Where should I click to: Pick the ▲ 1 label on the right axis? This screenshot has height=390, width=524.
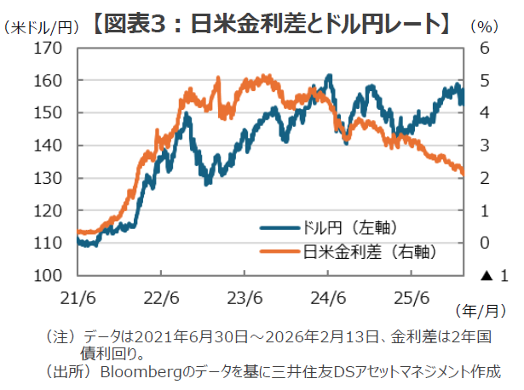493,276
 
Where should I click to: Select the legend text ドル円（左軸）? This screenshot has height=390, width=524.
350,228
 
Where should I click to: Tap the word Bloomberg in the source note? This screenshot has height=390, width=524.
140,371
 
